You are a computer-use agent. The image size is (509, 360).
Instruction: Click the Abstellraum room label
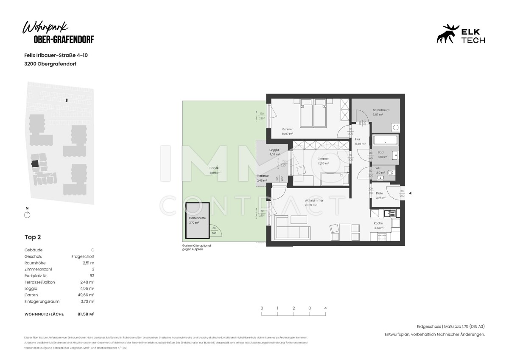pyautogui.click(x=380, y=110)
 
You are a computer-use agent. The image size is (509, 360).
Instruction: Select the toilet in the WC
pyautogui.click(x=391, y=172)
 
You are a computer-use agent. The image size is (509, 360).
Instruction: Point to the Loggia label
pyautogui.click(x=274, y=150)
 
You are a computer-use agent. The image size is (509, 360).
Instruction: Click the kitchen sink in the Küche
pyautogui.click(x=389, y=214)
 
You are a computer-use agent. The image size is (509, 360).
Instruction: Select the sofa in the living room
pyautogui.click(x=292, y=230)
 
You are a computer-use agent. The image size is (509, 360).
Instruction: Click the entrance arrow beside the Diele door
pyautogui.click(x=409, y=193)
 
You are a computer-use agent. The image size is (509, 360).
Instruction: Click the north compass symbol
pyautogui.click(x=27, y=214)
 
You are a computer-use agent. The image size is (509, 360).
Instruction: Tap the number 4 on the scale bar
pyautogui.click(x=325, y=308)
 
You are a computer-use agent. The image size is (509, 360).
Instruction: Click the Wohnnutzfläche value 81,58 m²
pyautogui.click(x=85, y=314)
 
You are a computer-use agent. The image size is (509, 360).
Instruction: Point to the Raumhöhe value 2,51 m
pyautogui.click(x=88, y=263)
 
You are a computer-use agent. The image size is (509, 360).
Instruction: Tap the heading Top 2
pyautogui.click(x=33, y=237)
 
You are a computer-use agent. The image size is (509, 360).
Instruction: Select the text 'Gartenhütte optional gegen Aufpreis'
pyautogui.click(x=196, y=247)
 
